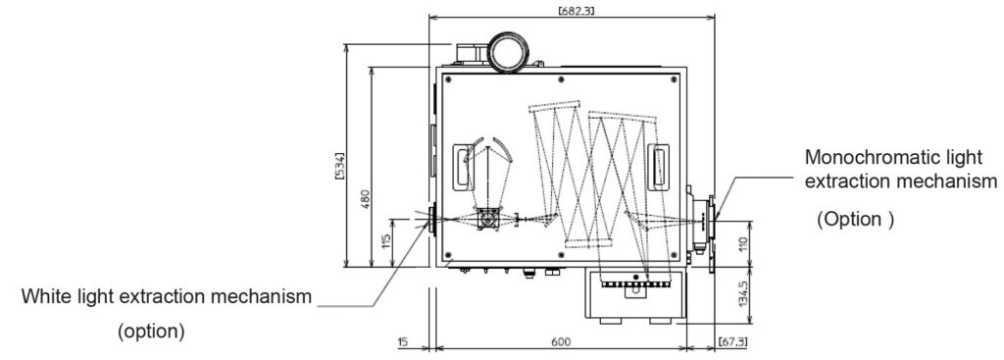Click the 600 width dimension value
pyautogui.click(x=560, y=341)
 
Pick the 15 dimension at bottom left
pyautogui.click(x=402, y=341)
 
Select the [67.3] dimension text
pyautogui.click(x=732, y=341)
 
